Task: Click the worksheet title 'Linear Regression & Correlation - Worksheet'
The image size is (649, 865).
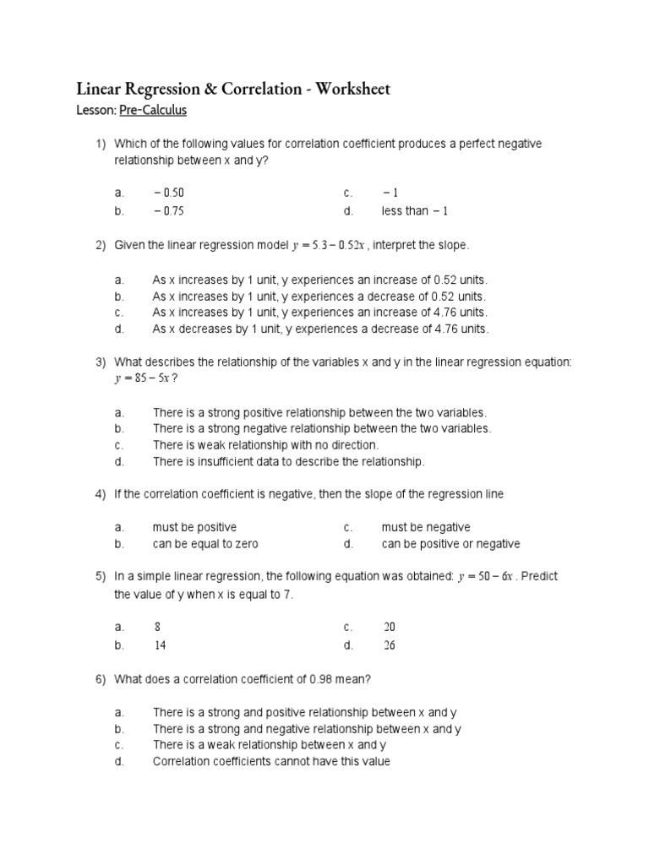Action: pos(233,90)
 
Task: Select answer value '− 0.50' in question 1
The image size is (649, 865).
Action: pos(169,193)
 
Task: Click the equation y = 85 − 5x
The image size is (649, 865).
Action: pos(145,378)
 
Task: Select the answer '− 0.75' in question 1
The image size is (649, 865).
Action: pos(169,210)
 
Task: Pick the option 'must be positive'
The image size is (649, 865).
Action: pos(194,527)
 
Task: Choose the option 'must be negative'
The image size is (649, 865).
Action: pos(426,527)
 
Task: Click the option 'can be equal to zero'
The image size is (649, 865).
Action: pos(205,544)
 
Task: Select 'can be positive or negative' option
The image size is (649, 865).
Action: pos(450,544)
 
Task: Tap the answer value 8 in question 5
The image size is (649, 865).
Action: pos(157,628)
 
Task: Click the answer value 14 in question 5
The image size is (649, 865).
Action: pos(160,645)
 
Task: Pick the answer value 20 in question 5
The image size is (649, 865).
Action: pos(389,628)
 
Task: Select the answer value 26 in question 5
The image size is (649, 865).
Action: pos(389,645)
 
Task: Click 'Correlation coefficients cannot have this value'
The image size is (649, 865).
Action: pos(271,761)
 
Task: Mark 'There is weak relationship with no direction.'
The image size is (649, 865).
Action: pos(265,444)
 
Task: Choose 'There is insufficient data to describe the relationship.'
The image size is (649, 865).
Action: pos(288,461)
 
